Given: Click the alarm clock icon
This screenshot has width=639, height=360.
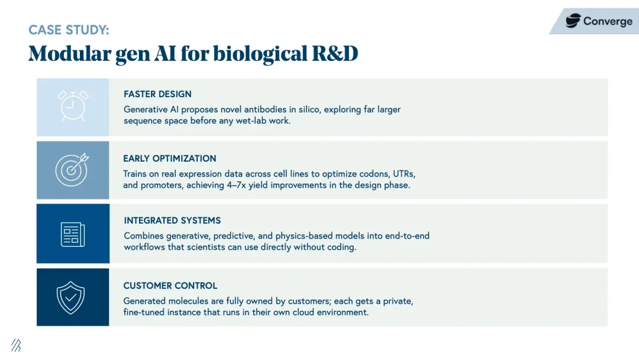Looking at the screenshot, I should click(73, 105).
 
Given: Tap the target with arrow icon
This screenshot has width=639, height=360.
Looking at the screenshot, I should click(72, 169).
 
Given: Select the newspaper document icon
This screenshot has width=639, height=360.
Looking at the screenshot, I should click(73, 233).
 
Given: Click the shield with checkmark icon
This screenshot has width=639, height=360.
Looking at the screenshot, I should click(70, 297).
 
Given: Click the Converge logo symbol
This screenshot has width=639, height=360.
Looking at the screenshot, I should click(573, 21).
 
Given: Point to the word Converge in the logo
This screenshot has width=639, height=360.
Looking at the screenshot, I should click(607, 21).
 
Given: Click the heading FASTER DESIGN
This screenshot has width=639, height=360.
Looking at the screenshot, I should click(157, 94).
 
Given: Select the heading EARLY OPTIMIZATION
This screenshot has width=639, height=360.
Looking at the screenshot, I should click(170, 158).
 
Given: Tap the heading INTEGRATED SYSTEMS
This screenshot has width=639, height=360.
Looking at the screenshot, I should click(172, 220).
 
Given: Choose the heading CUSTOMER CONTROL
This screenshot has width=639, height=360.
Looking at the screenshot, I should click(170, 285).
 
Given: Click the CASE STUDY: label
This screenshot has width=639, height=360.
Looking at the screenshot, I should click(69, 30).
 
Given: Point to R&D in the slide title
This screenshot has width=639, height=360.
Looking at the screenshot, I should click(335, 54).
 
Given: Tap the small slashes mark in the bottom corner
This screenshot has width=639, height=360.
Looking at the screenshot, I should click(16, 345).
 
